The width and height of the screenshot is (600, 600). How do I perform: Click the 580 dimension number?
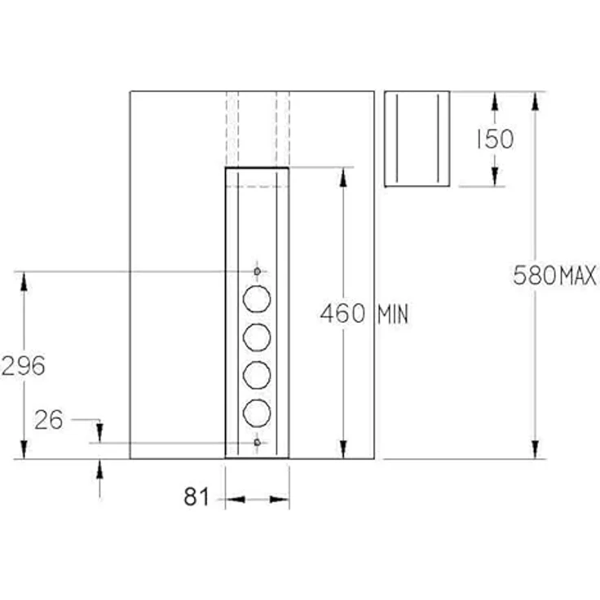(535, 275)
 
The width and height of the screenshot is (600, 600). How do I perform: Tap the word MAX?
(578, 276)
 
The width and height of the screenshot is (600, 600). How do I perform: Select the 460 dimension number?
(342, 313)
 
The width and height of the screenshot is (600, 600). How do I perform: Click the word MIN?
(393, 315)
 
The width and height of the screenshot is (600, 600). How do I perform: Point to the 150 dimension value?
(495, 139)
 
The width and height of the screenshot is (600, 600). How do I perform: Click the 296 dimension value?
(24, 365)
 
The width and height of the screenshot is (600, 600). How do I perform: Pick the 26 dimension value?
(49, 420)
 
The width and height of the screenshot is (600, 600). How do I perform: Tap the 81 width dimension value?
(196, 496)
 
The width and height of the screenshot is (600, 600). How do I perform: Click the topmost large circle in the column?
(257, 299)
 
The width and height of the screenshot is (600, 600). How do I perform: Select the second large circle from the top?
(257, 337)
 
